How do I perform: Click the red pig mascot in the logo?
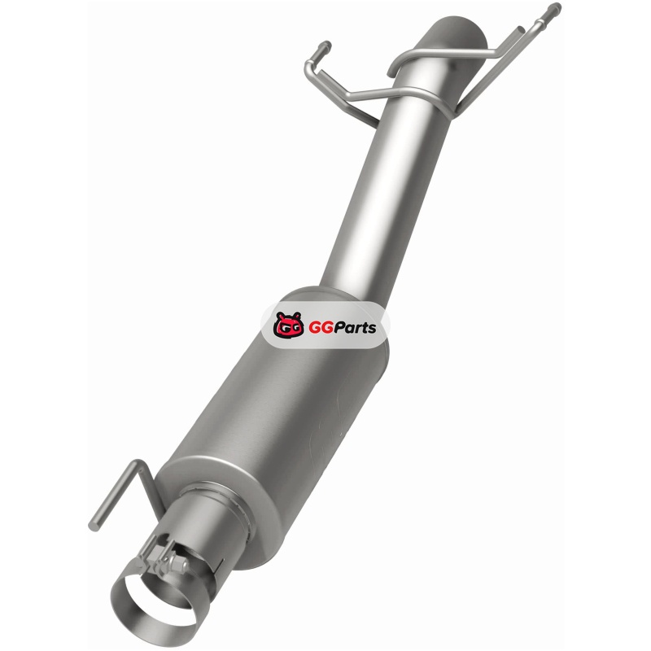289,325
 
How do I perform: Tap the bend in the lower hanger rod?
138,465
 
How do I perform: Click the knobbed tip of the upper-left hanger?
325,45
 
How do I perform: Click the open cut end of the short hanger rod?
520,30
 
